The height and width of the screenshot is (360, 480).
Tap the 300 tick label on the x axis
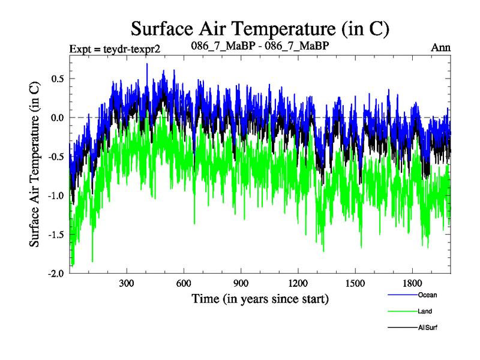click(127, 283)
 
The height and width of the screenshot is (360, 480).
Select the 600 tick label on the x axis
click(184, 283)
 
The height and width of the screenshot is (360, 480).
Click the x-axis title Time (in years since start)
click(260, 298)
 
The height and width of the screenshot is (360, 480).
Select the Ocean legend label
click(427, 295)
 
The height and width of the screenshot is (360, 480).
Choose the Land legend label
click(425, 311)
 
